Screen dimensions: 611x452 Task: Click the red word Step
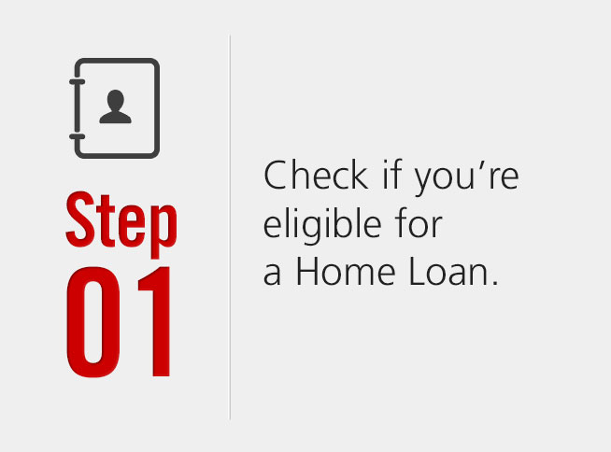click(121, 224)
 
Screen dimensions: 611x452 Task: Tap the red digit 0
click(92, 321)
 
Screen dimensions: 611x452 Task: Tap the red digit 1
click(155, 321)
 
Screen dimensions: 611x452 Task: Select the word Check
click(316, 176)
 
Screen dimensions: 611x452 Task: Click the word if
click(391, 175)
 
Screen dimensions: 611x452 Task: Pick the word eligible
click(322, 225)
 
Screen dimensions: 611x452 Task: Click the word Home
click(346, 271)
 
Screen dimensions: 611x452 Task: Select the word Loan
click(448, 271)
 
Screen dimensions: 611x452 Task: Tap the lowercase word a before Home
click(272, 275)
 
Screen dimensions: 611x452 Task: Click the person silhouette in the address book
click(115, 106)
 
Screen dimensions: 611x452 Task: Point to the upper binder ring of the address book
click(78, 82)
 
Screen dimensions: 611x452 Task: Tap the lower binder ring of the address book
click(78, 136)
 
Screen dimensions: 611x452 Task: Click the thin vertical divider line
click(230, 227)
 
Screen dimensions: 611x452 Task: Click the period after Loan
click(495, 283)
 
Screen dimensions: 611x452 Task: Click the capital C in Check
click(276, 176)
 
